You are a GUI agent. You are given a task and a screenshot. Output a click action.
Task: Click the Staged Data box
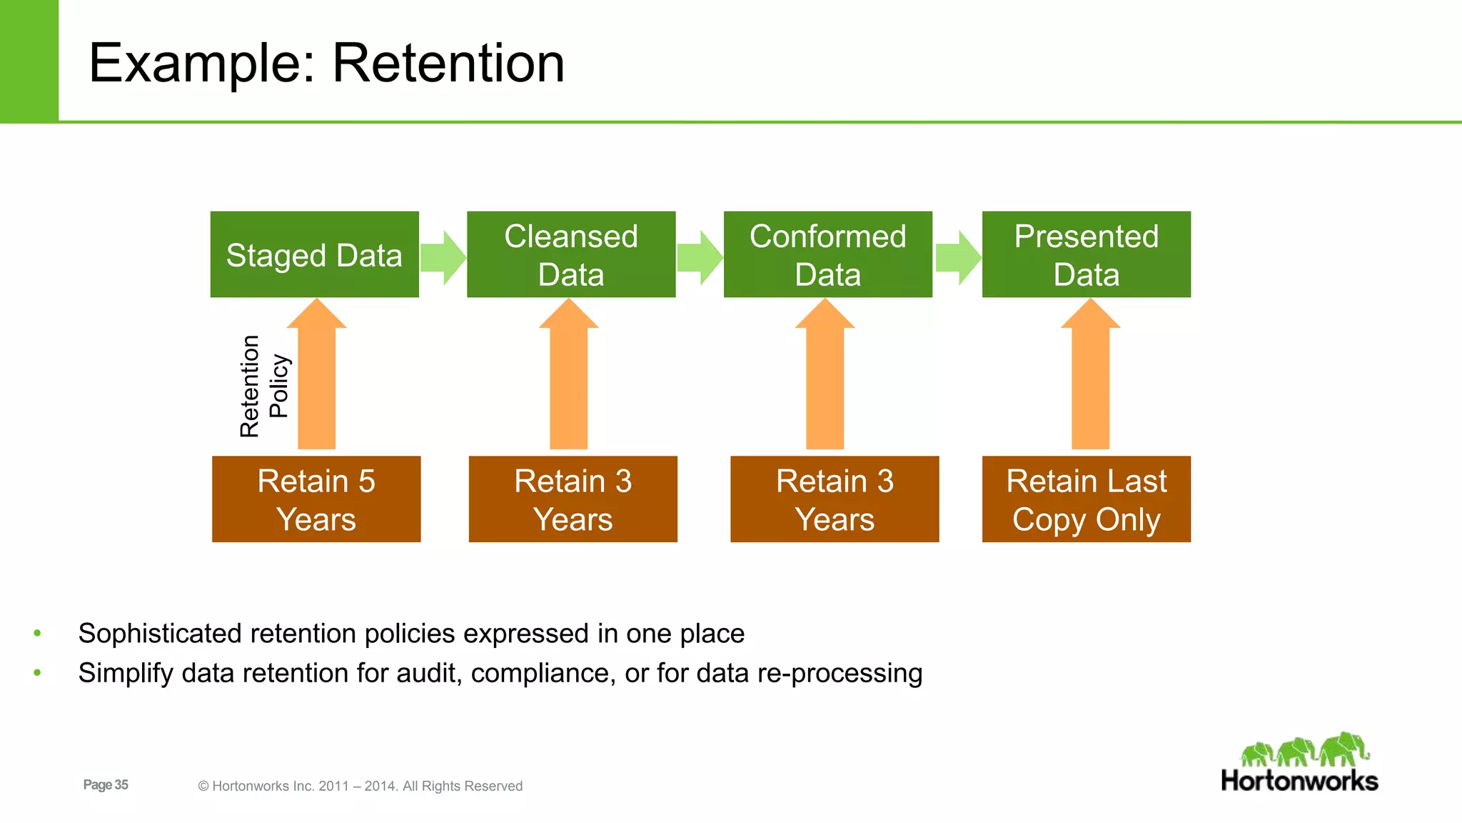314,254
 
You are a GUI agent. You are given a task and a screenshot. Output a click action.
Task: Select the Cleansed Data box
571,254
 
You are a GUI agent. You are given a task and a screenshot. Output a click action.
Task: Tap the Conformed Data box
827,254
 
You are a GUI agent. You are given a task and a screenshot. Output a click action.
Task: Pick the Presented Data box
1086,254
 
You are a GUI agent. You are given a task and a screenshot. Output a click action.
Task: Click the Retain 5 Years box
316,499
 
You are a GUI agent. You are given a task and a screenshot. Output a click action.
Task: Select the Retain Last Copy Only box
1086,499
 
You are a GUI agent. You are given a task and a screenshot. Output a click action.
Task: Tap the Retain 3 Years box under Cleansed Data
573,499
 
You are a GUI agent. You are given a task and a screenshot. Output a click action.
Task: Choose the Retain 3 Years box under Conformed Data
835,499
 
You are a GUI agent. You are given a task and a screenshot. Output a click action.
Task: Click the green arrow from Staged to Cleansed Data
443,257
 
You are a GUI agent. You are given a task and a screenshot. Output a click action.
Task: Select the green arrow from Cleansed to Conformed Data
700,257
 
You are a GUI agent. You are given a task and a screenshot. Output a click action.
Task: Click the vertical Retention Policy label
263,386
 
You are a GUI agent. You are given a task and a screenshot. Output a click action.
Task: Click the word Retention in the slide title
448,63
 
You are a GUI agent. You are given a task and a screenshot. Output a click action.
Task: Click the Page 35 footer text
106,784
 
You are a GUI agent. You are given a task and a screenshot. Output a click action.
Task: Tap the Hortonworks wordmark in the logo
1299,781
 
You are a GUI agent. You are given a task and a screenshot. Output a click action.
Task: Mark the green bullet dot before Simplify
38,672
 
